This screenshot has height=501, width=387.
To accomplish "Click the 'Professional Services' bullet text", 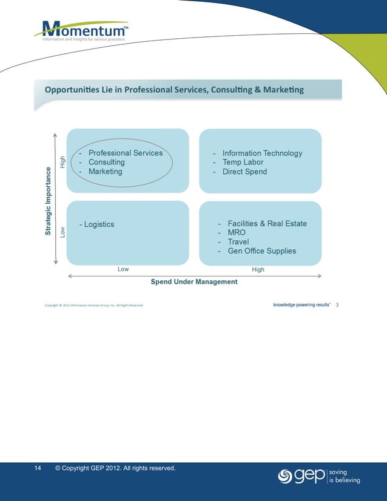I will point(125,153).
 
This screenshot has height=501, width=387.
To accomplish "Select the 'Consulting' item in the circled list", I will point(106,162).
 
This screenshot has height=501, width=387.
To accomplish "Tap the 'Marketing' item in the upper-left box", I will point(105,172).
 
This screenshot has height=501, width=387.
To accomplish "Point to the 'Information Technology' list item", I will point(262,153).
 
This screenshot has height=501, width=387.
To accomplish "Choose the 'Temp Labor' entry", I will point(243,163).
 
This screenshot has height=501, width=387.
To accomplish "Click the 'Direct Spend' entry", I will point(244,172).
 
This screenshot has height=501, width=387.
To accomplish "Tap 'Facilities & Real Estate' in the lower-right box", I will point(267,224).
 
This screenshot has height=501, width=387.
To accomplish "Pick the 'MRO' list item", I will point(237,233).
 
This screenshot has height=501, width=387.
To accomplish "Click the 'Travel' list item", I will point(238,242).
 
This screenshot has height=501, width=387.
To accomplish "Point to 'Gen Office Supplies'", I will point(261,251).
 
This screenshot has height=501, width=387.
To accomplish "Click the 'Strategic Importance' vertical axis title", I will point(49,203).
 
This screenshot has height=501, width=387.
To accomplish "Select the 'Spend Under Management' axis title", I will point(194,282).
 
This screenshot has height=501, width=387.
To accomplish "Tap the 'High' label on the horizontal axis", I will point(258,269).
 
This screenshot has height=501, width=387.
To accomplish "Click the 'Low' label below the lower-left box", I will point(123,269).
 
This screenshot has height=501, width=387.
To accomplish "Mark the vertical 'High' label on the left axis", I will point(61,162).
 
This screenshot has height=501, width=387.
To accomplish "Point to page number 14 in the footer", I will point(38,468).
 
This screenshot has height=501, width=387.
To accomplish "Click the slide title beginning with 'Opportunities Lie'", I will point(174,90).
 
